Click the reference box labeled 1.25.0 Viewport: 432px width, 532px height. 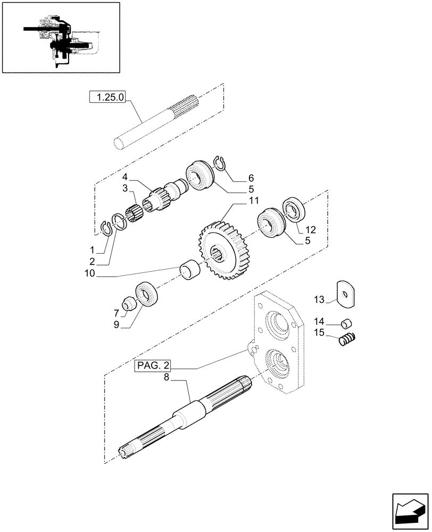tap(107, 97)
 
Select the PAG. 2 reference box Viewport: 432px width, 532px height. tap(153, 365)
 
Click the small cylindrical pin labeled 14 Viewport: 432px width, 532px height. tap(346, 322)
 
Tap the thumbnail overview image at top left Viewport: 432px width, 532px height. tap(61, 38)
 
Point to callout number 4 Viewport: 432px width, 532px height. tap(124, 177)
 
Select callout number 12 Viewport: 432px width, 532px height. tap(310, 230)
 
